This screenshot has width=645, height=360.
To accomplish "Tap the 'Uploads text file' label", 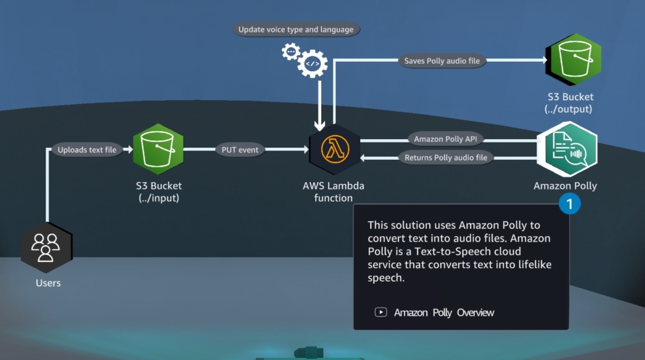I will click(87, 150).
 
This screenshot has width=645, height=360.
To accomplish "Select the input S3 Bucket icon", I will click(159, 149).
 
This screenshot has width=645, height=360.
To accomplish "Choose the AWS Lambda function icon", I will click(333, 150).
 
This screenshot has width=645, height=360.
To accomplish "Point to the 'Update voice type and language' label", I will click(296, 30).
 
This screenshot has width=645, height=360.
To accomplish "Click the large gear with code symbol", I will click(312, 64).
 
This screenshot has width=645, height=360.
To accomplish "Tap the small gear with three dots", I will click(291, 51).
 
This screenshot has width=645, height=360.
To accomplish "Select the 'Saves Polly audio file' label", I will click(441, 60).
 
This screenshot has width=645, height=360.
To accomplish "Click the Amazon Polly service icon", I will click(566, 149).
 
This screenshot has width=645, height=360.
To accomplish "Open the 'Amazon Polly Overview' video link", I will click(443, 312).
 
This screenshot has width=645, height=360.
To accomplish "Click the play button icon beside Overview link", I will click(381, 312).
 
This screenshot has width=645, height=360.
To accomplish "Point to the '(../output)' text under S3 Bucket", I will click(568, 109).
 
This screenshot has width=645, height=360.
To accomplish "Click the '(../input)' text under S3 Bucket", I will click(159, 197).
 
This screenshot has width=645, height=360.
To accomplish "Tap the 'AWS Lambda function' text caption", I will click(333, 191).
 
